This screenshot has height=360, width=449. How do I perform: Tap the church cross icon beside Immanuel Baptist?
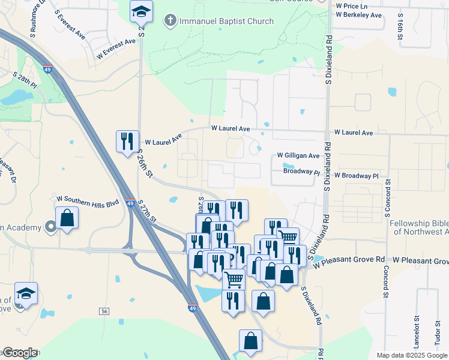coord(170,21)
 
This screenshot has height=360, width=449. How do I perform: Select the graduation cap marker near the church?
coord(141,12)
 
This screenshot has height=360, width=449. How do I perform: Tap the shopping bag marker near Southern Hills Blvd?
coord(67,219)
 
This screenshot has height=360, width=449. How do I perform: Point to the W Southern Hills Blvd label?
coord(88,198)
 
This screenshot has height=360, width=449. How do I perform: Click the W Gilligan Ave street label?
coord(298,155)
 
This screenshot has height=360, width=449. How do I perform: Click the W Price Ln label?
coord(352,5)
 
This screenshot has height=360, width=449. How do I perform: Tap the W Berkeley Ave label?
coord(358,15)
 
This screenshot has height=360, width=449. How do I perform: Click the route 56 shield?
coord(104,311)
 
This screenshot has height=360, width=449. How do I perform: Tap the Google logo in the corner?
coord(19,353)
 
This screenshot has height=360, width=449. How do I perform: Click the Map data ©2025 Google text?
coord(411,355)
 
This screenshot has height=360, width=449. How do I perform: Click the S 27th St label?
coord(147,211)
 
